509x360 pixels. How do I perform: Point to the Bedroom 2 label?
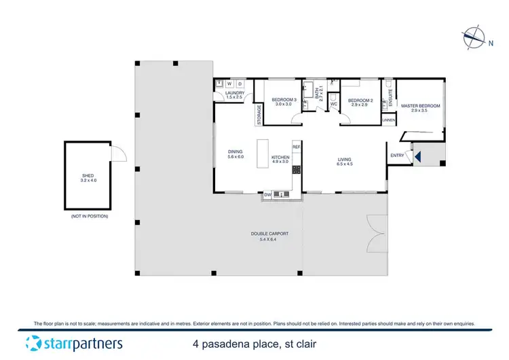pyautogui.click(x=358, y=103)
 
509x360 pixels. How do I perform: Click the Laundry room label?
pyautogui.click(x=234, y=95)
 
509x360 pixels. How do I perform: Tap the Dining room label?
pyautogui.click(x=235, y=154)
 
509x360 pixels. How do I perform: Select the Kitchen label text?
pyautogui.click(x=280, y=159)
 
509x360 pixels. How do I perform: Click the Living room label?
pyautogui.click(x=345, y=162)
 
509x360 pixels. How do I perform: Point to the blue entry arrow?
pyautogui.click(x=418, y=158)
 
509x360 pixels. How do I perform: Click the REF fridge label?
pyautogui.click(x=296, y=147)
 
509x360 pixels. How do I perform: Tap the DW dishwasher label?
pyautogui.click(x=267, y=195)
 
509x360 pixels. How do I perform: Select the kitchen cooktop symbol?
pyautogui.click(x=297, y=170)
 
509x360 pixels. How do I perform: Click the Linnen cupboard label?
pyautogui.click(x=388, y=120)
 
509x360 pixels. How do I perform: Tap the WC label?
pyautogui.click(x=333, y=104)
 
